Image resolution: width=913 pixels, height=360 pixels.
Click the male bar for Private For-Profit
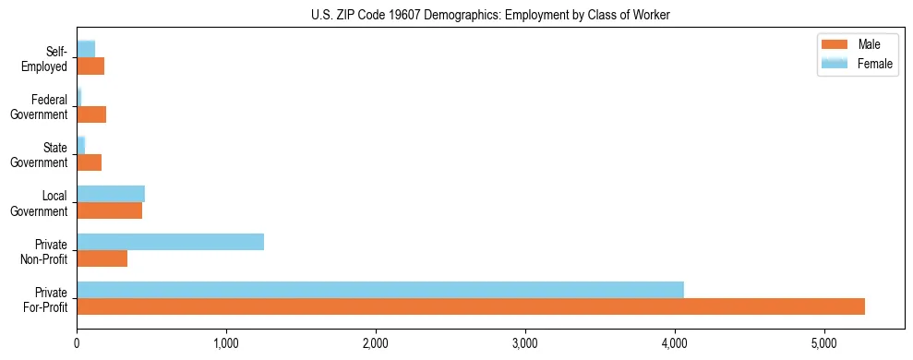click(x=471, y=306)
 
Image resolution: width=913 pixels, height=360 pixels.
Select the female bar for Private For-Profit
click(x=380, y=289)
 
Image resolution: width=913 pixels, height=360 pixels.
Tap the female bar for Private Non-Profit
click(x=170, y=242)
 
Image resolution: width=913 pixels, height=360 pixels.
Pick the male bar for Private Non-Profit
click(x=102, y=258)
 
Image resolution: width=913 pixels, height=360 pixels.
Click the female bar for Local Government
click(x=111, y=193)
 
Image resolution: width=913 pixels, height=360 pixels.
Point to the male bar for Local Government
click(x=109, y=210)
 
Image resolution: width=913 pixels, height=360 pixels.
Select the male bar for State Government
click(x=89, y=162)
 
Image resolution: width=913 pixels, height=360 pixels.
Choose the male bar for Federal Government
click(x=91, y=114)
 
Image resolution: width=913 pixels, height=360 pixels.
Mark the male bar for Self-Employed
click(x=90, y=66)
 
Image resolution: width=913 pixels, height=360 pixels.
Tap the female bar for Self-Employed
click(x=86, y=49)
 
